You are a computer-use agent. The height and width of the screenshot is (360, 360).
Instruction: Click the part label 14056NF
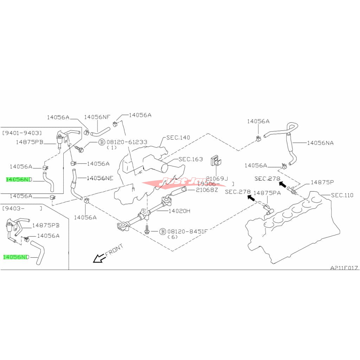pos(97,117)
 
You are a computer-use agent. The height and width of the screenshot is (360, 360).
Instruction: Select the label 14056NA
pos(320,143)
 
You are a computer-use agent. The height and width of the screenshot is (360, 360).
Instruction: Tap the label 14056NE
pos(100,178)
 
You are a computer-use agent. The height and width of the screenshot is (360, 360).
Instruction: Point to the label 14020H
pos(179,211)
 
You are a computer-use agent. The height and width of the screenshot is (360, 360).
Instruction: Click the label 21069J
pos(217,178)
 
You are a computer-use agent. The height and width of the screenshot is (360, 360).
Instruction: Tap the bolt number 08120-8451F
pos(188,231)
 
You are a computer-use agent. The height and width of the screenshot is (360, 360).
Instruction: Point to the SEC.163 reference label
pos(190,159)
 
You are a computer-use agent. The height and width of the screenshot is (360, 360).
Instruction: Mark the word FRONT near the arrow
pos(114,250)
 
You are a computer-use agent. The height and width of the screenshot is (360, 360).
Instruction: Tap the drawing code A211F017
pos(344,268)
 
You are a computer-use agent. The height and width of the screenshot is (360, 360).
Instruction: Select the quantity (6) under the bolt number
pos(173,237)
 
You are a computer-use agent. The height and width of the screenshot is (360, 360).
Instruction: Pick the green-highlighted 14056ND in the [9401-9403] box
pos(19,179)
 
